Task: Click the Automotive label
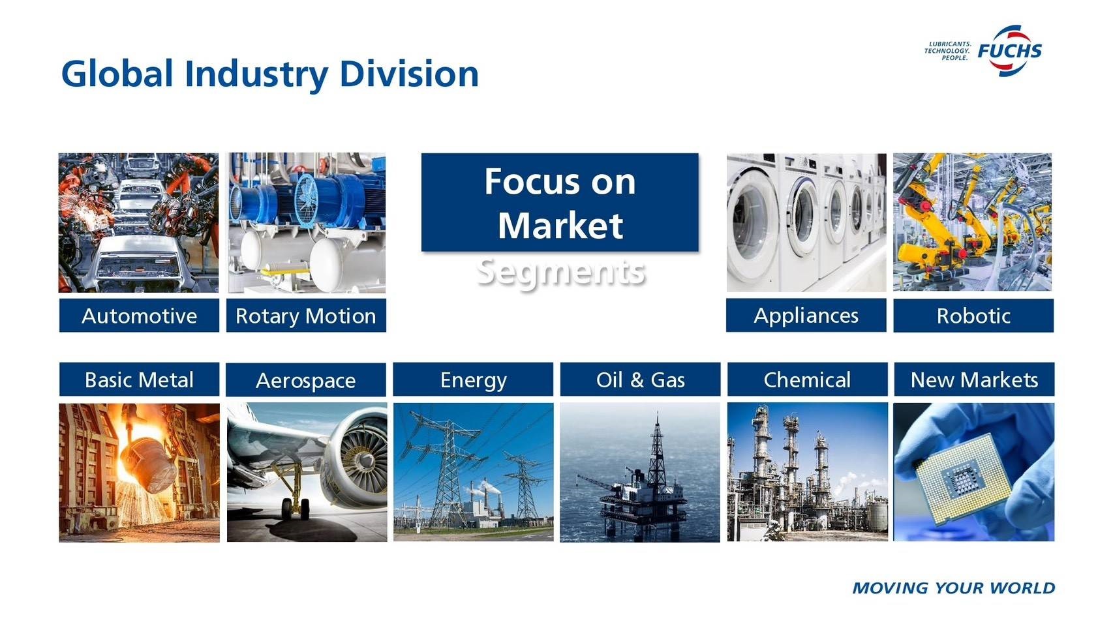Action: click(139, 316)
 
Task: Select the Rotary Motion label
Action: click(306, 316)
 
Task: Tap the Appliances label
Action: click(806, 315)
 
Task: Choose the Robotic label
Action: click(973, 316)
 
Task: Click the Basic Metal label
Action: click(139, 380)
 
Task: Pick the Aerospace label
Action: click(306, 380)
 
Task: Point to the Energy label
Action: click(473, 380)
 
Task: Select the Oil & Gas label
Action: click(641, 380)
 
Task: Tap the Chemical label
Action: click(808, 380)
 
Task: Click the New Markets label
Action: click(975, 380)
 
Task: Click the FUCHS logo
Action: click(1010, 51)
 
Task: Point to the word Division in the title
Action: click(409, 74)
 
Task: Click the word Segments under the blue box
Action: click(560, 273)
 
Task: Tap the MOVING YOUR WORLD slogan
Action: click(954, 588)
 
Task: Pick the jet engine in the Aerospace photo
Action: click(356, 460)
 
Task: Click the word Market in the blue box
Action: click(560, 226)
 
